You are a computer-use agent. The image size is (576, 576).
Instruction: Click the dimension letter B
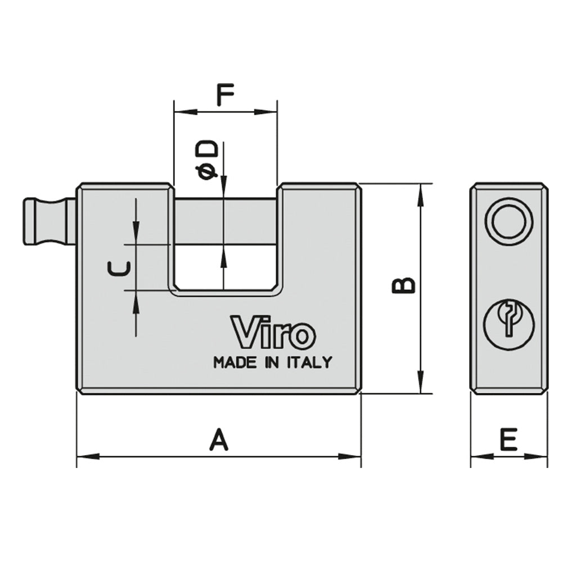point(403,285)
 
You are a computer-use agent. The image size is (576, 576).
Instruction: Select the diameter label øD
point(207,160)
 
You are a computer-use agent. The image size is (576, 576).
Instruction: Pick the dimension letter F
point(225,96)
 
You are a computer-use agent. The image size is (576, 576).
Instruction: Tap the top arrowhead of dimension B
point(420,193)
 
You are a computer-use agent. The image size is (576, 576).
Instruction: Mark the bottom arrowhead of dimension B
point(420,385)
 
